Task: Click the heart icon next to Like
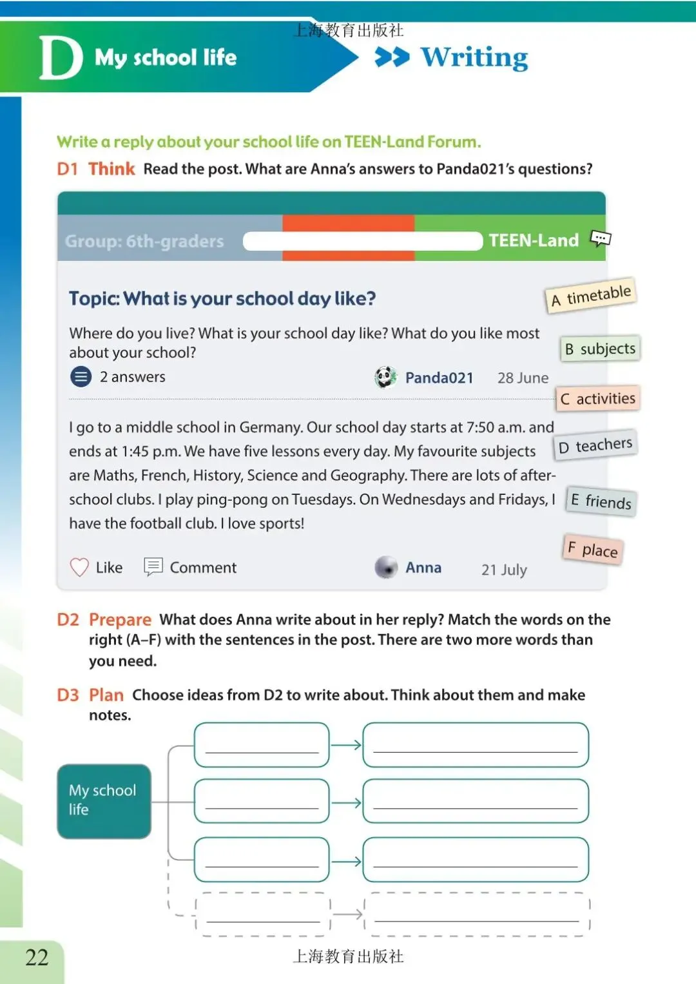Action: (x=79, y=567)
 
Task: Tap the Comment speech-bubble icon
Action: (x=153, y=566)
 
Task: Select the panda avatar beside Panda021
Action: (x=385, y=377)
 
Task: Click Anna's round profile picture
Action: (x=386, y=567)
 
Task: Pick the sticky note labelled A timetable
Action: (x=591, y=296)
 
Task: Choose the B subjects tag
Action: (x=600, y=349)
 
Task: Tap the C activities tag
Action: (x=597, y=399)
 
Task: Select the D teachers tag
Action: (x=595, y=445)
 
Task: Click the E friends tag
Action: (x=601, y=501)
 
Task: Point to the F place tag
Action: (x=593, y=550)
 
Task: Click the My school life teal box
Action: (x=104, y=800)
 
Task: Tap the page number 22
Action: (x=37, y=958)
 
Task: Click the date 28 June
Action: (x=523, y=378)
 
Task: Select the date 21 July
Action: (x=504, y=570)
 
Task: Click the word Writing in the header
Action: (x=474, y=57)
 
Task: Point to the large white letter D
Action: (x=61, y=57)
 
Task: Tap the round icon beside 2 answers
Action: (x=81, y=376)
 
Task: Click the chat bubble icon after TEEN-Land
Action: (x=601, y=239)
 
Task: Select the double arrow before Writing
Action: (x=392, y=57)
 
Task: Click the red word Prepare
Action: (x=120, y=619)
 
